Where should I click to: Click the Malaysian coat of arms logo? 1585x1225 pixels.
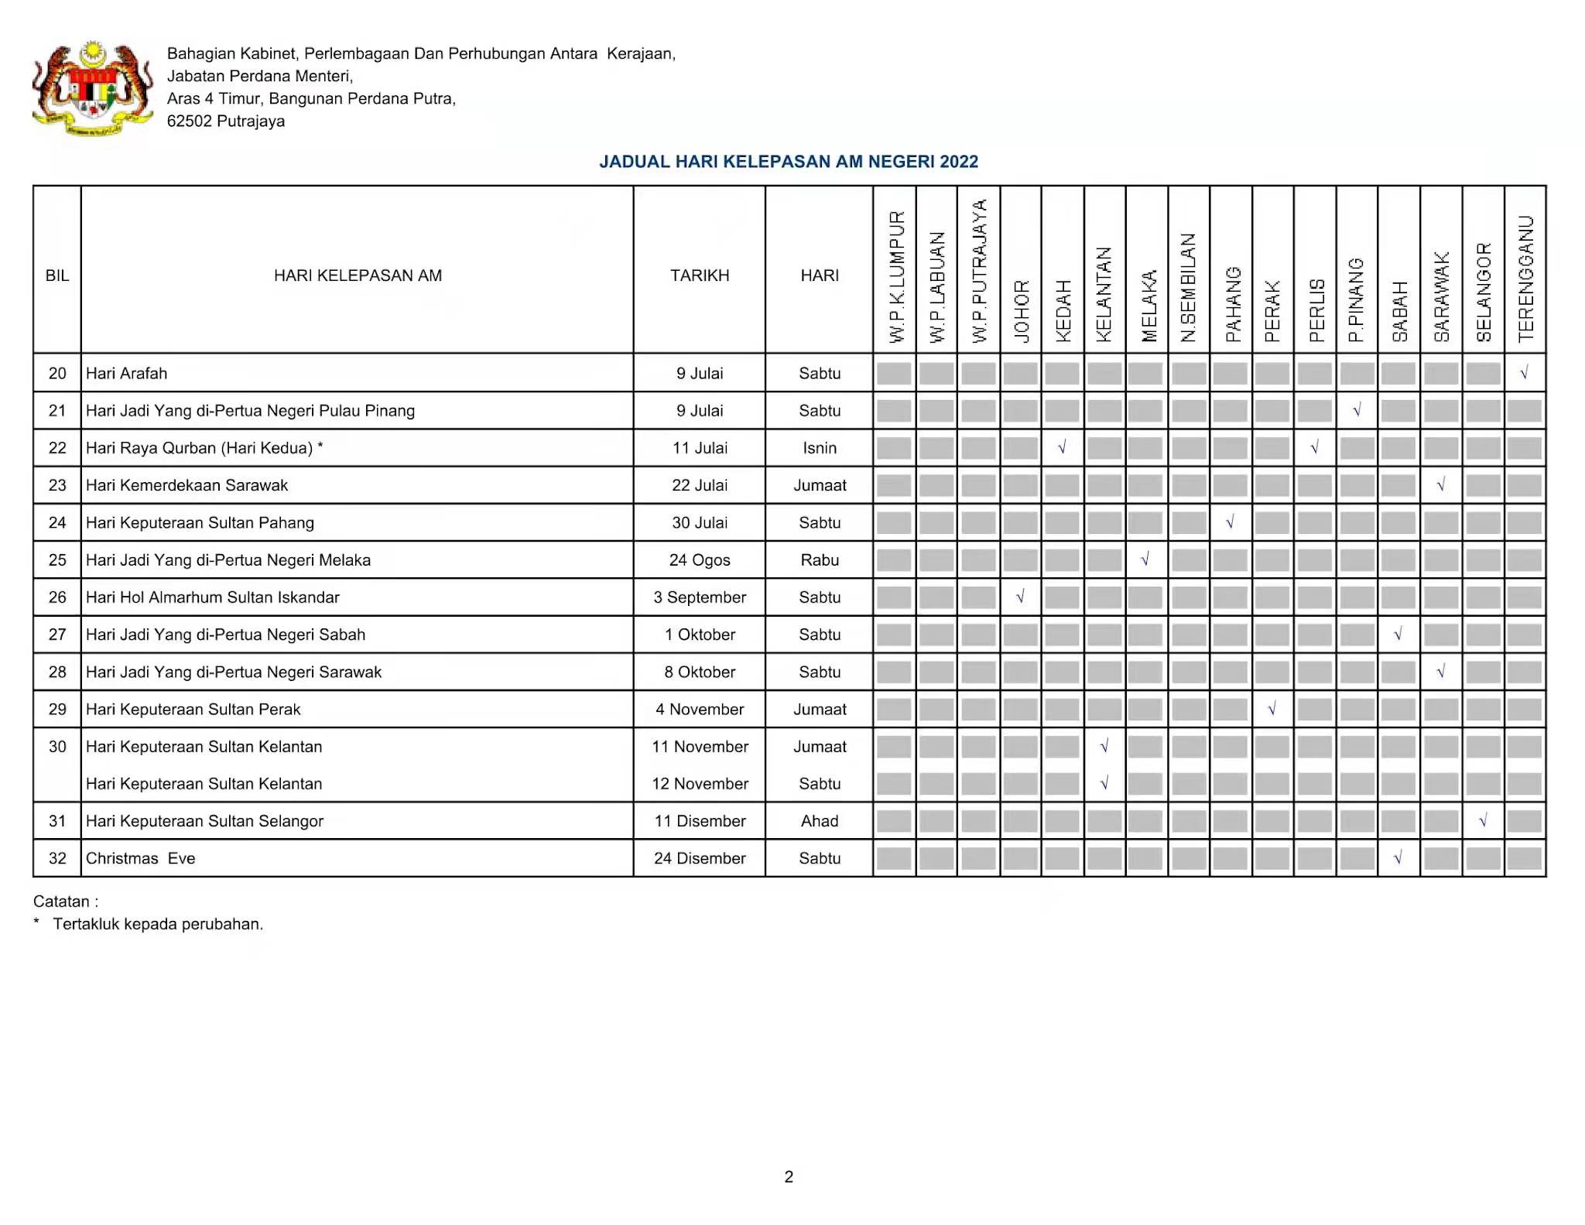[x=92, y=88]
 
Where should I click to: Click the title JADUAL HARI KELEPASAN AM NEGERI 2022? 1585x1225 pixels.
[x=788, y=162]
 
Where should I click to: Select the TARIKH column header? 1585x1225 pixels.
[x=700, y=275]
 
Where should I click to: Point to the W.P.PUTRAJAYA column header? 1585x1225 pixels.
[x=979, y=271]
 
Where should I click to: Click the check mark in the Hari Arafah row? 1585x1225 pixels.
[x=1524, y=373]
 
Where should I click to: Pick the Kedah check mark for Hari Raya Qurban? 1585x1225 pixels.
[x=1062, y=447]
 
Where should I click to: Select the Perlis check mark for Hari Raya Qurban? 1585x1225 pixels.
[x=1314, y=447]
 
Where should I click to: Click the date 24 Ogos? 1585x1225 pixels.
[x=700, y=560]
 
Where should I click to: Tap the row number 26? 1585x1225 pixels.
[x=57, y=597]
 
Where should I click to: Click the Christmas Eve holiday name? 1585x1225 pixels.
[x=140, y=858]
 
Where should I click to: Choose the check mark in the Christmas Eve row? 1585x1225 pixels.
[x=1398, y=858]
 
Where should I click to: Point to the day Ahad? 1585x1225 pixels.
[x=820, y=821]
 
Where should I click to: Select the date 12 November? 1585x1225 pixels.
[x=700, y=784]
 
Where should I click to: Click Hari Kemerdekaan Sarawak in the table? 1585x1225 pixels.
[x=187, y=485]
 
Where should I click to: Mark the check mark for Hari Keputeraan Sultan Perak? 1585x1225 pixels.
[x=1272, y=709]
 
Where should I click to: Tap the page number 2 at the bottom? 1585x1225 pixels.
[x=789, y=1177]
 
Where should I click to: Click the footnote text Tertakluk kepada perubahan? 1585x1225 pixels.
[x=158, y=924]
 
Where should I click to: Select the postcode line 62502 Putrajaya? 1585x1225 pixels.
[x=226, y=121]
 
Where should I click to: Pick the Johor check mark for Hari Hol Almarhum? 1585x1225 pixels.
[x=1020, y=597]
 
